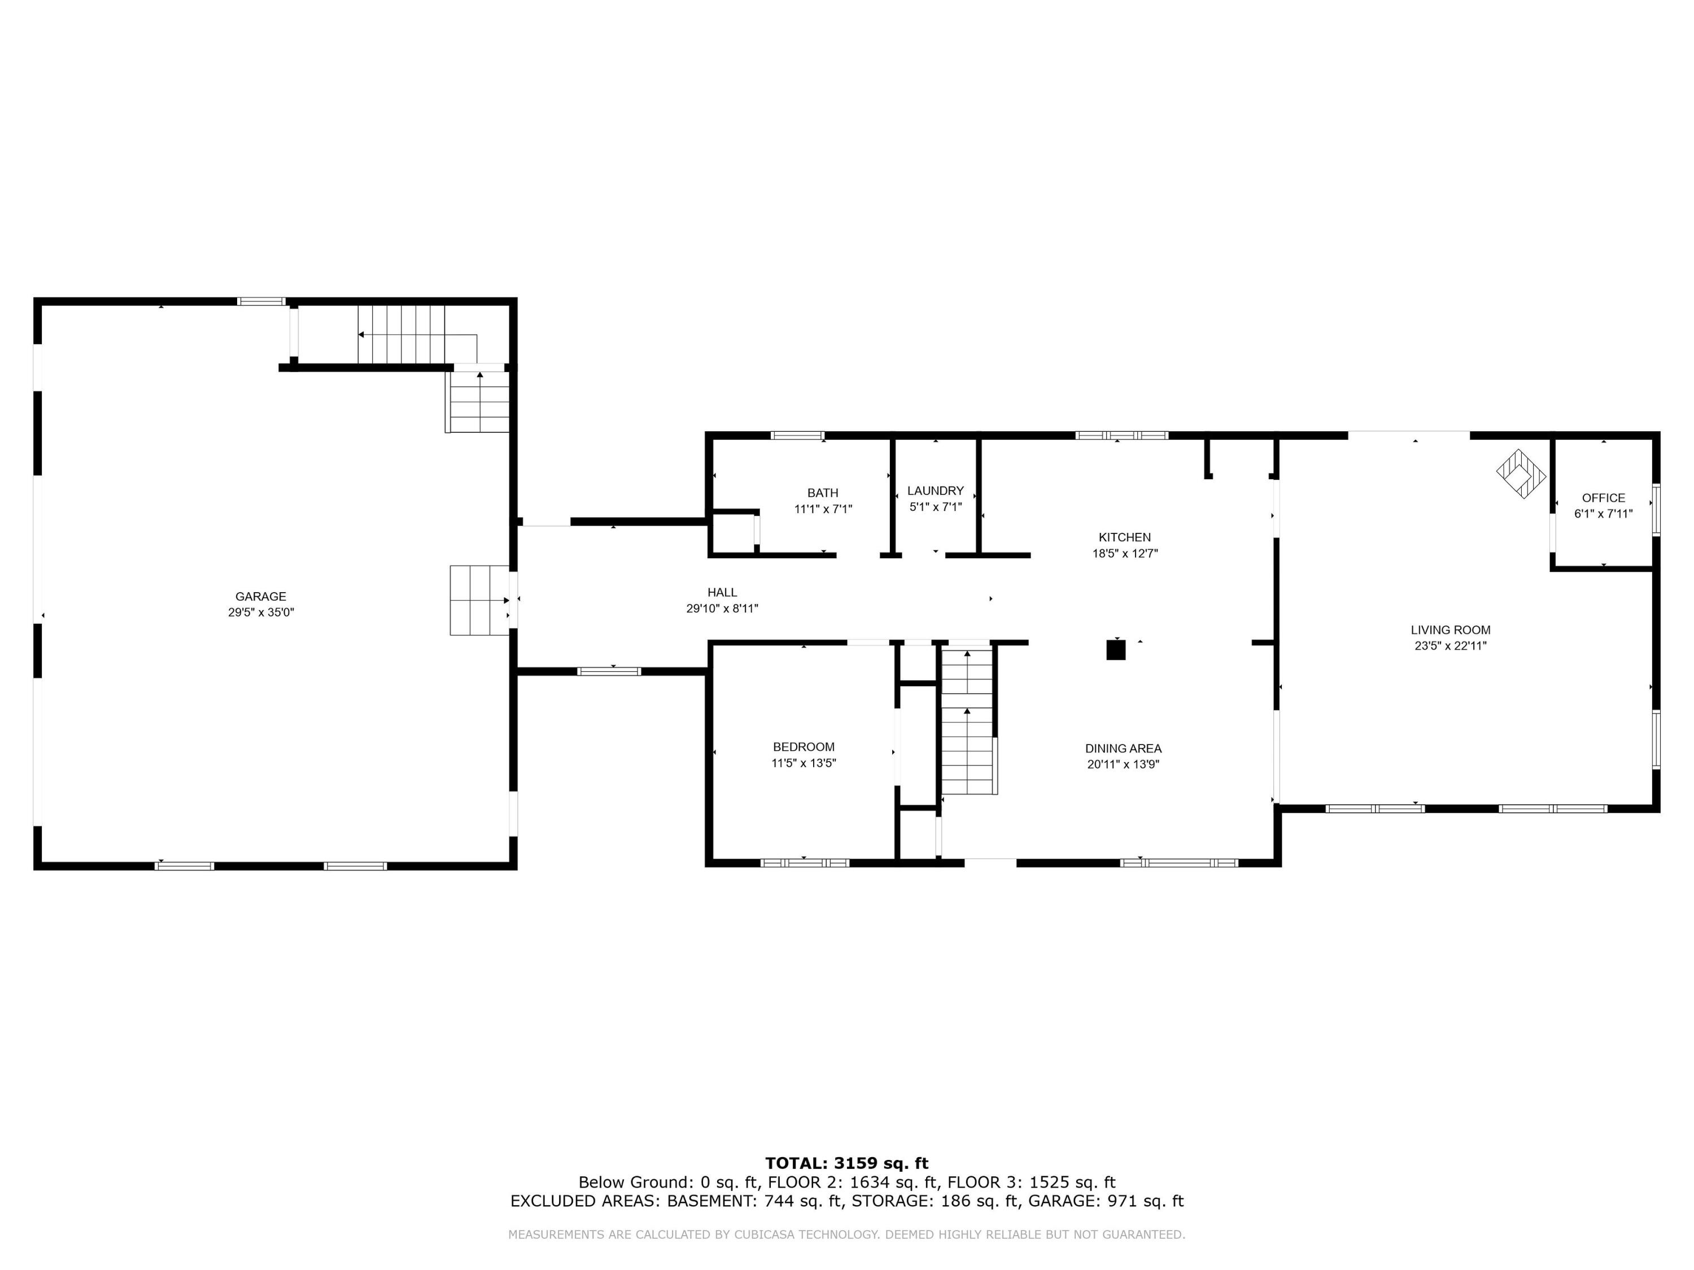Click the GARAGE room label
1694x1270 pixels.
(x=260, y=597)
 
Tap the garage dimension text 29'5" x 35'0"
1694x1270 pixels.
(x=260, y=612)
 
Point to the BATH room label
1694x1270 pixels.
(x=823, y=493)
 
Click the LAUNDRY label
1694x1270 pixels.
(x=935, y=491)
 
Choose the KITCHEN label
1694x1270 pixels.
(x=1124, y=537)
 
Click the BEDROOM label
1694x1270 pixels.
(x=804, y=747)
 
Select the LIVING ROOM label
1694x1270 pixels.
(x=1451, y=630)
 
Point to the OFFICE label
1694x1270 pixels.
(x=1603, y=498)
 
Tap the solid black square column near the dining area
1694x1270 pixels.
(x=1116, y=650)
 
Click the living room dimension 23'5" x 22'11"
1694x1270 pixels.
(x=1451, y=645)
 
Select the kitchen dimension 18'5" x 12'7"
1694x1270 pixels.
(x=1124, y=554)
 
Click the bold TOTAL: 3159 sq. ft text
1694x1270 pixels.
(x=846, y=1163)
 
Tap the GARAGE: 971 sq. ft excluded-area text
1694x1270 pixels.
(x=1106, y=1201)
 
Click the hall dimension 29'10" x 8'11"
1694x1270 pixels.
(x=722, y=608)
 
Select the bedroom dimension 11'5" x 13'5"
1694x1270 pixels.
(x=804, y=763)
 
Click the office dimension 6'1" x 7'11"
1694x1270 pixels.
(x=1603, y=514)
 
